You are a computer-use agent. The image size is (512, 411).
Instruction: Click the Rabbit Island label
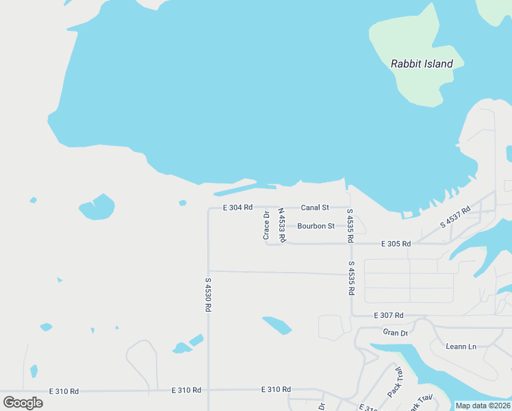[422, 64]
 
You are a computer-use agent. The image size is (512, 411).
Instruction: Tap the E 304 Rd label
[238, 207]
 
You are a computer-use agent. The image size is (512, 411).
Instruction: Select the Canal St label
[315, 207]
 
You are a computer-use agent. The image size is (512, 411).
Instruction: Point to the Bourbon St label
[316, 225]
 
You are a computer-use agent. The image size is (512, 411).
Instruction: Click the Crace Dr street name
[266, 225]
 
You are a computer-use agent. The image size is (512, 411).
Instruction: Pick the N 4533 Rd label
[281, 225]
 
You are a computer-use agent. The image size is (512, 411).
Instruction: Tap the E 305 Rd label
[396, 243]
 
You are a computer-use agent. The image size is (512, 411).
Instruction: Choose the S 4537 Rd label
[456, 216]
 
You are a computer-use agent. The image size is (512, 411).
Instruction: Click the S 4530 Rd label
[207, 295]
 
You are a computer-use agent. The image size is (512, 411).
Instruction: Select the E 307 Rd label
[389, 315]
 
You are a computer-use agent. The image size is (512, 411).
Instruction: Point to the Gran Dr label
[395, 332]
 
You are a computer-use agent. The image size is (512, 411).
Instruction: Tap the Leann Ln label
[461, 346]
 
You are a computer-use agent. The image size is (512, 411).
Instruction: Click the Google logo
[23, 402]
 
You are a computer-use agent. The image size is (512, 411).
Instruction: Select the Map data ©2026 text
[483, 406]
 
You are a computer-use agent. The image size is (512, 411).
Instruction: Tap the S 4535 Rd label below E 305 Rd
[351, 277]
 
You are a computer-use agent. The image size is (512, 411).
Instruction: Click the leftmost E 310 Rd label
[64, 391]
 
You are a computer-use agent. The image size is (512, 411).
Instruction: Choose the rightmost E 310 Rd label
[276, 389]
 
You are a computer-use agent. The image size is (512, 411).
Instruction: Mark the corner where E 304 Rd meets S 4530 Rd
[208, 208]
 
